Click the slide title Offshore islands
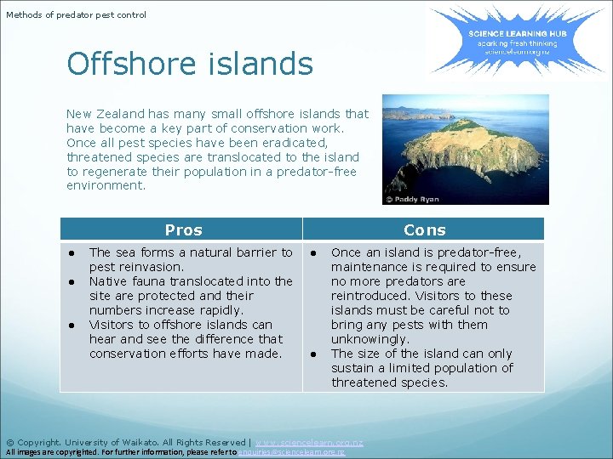[190, 64]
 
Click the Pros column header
[183, 229]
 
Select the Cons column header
[424, 229]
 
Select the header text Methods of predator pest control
[77, 14]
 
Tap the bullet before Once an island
[314, 252]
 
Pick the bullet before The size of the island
[314, 354]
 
